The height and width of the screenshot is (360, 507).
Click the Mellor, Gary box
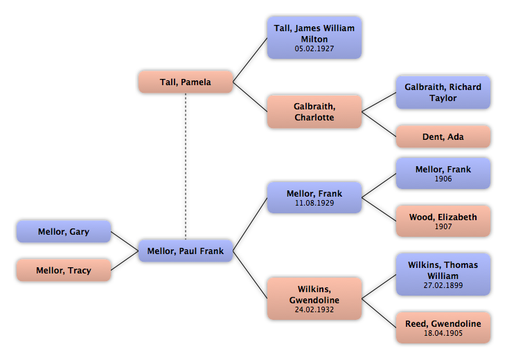tap(62, 232)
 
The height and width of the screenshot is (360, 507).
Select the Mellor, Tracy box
tap(63, 270)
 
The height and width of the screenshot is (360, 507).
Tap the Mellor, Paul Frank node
tap(186, 251)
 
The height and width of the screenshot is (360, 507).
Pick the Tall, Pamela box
tap(185, 82)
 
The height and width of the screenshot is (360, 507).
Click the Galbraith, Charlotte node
tap(314, 111)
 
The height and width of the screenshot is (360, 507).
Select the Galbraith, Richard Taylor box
tap(443, 92)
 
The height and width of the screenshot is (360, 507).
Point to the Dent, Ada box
tap(443, 137)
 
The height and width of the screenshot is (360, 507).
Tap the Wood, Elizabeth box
tap(443, 221)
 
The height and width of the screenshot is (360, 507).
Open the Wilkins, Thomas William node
tap(443, 269)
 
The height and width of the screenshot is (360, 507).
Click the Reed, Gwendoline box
tap(443, 327)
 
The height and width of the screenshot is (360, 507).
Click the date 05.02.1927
tap(314, 49)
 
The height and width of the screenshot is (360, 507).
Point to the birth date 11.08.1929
tap(314, 204)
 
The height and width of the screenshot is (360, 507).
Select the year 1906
tap(443, 178)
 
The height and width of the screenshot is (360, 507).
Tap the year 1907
tap(443, 226)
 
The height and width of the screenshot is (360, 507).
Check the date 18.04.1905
tap(443, 333)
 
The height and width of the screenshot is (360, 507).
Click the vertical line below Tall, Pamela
tap(185, 166)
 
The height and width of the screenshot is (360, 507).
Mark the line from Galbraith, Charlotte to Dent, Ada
tap(379, 125)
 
